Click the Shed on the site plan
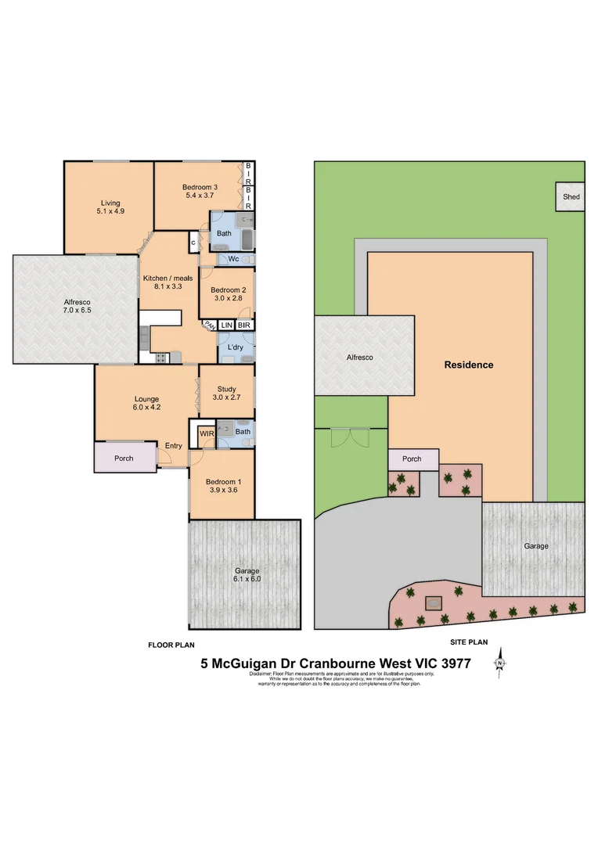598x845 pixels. pos(571,196)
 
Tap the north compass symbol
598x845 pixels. pos(499,663)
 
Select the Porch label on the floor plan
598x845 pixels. pos(124,458)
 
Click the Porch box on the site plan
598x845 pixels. pos(412,459)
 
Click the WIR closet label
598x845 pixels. pos(207,432)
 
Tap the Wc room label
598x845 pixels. pos(233,259)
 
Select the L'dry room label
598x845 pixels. pos(234,347)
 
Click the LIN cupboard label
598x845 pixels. pos(225,325)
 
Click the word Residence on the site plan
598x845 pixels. pos(469,365)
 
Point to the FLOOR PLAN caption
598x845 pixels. pos(171,645)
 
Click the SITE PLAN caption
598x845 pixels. pos(469,642)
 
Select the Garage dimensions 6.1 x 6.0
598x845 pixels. pos(244,581)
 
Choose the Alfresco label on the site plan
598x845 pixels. pos(360,358)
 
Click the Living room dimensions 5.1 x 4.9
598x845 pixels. pos(110,212)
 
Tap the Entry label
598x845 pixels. pos(173,447)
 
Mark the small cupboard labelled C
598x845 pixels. pos(193,243)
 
